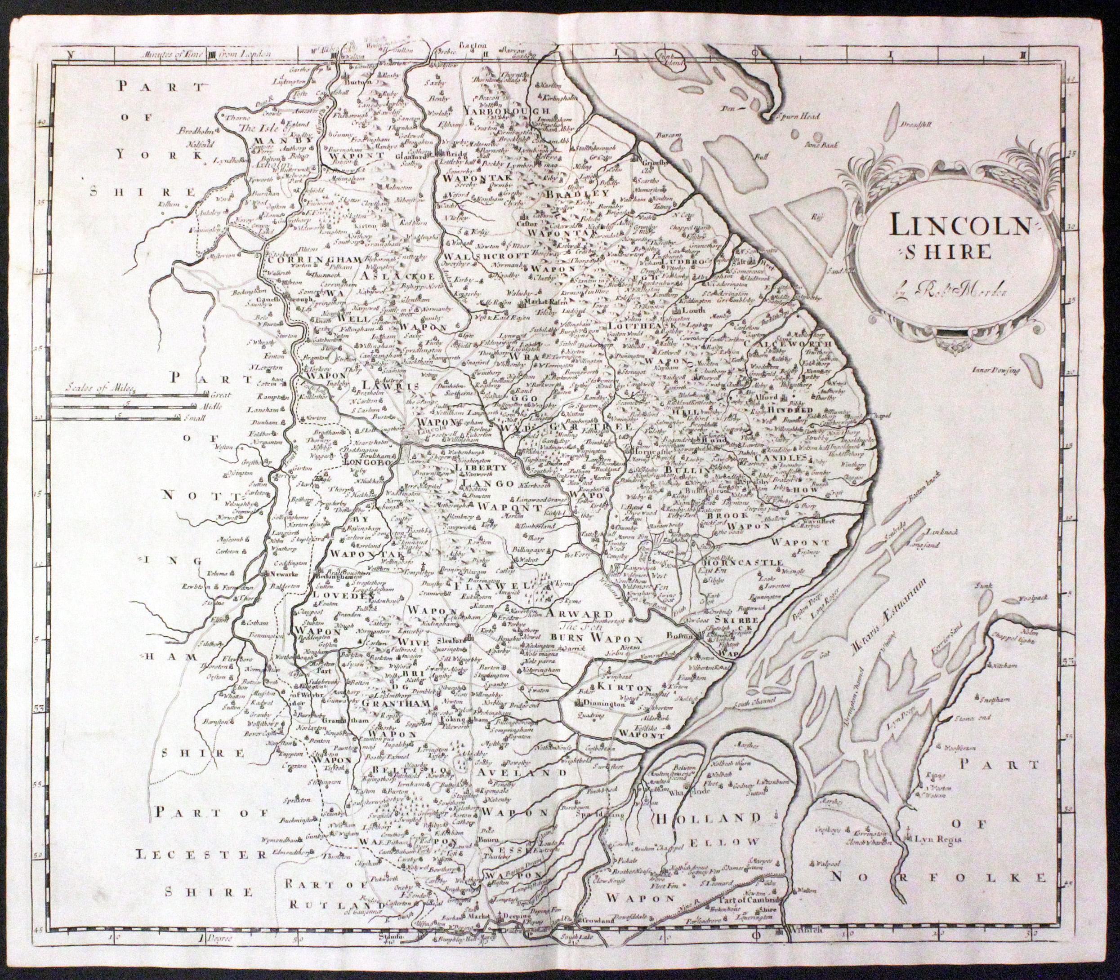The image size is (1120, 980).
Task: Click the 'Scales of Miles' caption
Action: pyautogui.click(x=99, y=383)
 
